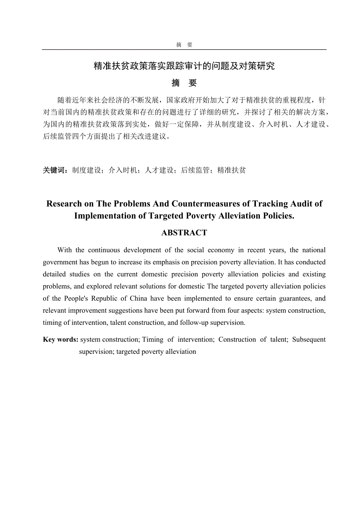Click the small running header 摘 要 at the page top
coord(184,45)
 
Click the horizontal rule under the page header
coord(184,50)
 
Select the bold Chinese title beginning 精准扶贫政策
coord(184,66)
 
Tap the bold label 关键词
coord(55,170)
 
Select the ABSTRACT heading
coord(184,233)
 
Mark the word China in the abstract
coord(138,298)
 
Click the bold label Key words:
coord(60,339)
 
